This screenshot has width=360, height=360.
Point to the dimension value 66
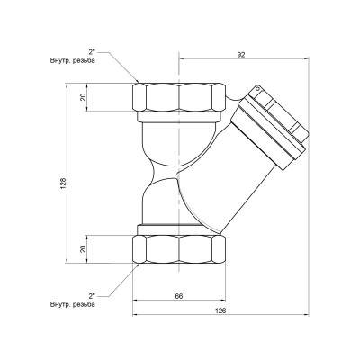pos(178,295)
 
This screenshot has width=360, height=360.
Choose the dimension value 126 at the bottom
pos(221,310)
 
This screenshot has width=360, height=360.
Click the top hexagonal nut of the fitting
pos(179,96)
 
